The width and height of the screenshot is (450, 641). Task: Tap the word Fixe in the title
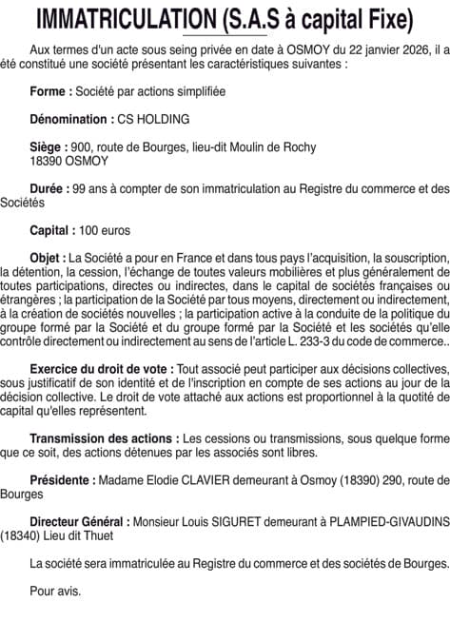386,18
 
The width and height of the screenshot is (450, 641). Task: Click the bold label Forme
50,91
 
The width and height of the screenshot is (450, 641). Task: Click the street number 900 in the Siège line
81,147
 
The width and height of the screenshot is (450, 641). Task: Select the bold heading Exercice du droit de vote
102,368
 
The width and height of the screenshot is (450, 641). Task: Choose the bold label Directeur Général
79,521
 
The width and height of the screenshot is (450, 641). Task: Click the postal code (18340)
22,534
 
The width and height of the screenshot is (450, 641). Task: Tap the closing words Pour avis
55,590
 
